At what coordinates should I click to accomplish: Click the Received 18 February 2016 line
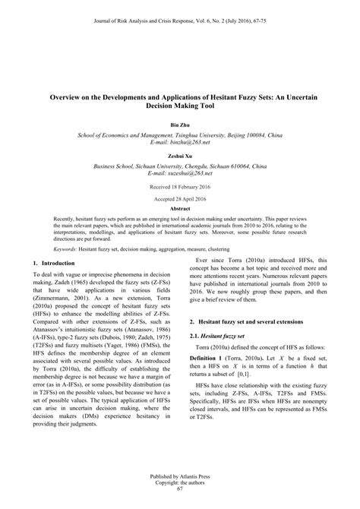[180, 185]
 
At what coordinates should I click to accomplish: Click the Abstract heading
[180, 208]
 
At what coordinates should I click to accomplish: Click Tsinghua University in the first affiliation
[205, 134]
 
